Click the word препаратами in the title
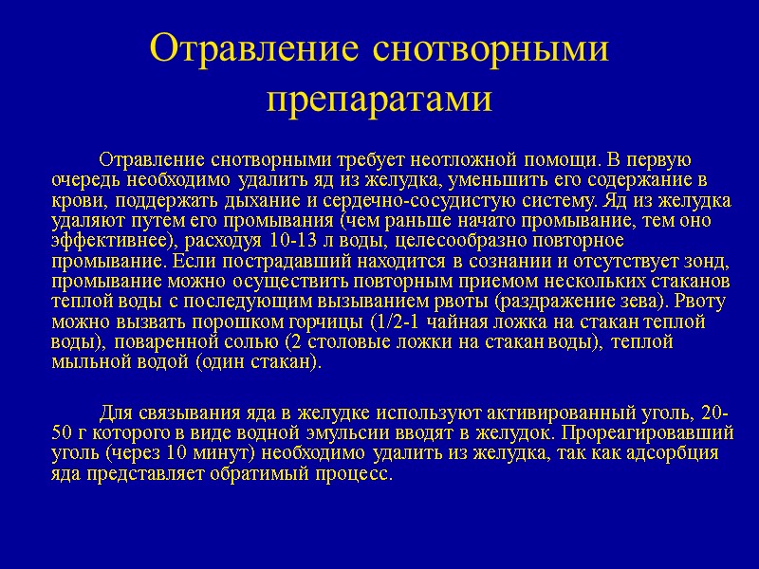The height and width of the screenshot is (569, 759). pyautogui.click(x=379, y=99)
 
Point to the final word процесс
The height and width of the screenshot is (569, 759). pyautogui.click(x=355, y=474)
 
